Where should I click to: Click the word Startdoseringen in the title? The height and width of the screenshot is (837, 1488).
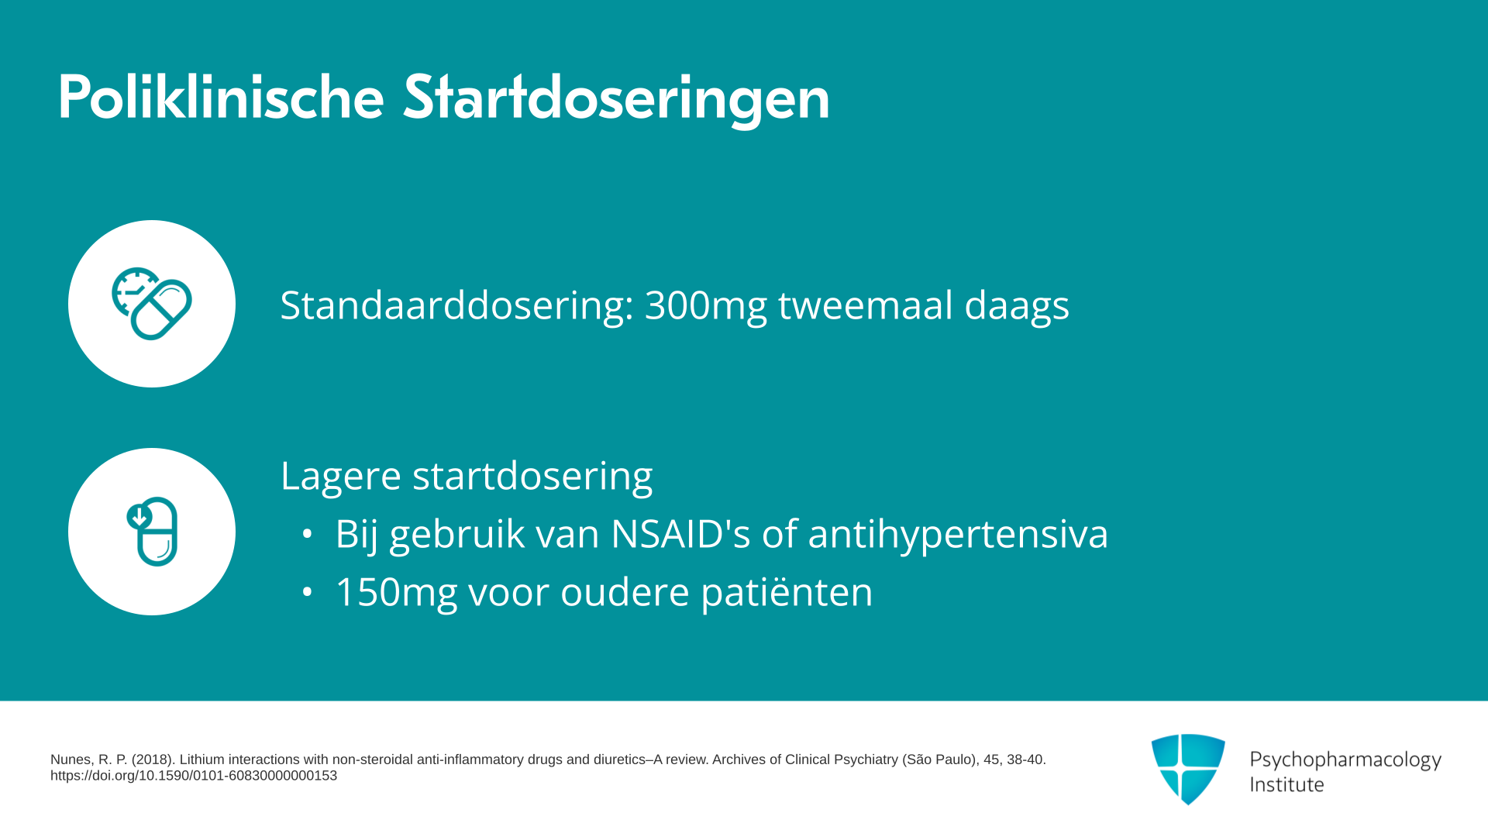pos(617,99)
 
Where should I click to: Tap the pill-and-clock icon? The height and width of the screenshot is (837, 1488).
pos(152,304)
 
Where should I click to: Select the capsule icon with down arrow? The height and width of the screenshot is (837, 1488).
pos(152,532)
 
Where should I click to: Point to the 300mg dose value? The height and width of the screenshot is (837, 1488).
pos(705,305)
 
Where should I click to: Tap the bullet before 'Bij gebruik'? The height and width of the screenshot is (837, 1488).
pos(308,534)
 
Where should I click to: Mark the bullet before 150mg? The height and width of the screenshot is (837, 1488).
pos(308,592)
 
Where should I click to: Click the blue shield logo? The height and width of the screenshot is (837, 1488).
pos(1188,769)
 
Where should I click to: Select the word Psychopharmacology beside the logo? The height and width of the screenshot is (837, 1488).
pos(1345,760)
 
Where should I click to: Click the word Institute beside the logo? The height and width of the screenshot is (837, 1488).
pos(1287,785)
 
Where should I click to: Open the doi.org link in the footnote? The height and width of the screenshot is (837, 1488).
pos(194,776)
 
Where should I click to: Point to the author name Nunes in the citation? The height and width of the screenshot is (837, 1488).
pos(71,759)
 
